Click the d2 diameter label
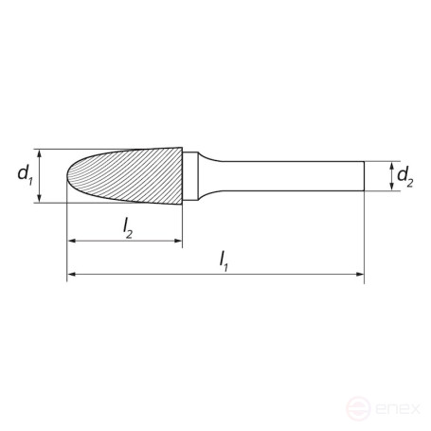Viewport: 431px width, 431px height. point(404,176)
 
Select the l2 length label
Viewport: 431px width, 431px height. point(126,227)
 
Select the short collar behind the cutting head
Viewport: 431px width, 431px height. point(192,175)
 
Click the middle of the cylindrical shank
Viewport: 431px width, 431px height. point(284,175)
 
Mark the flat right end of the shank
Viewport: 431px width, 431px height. point(364,175)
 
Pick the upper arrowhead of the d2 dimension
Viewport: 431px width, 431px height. point(390,165)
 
